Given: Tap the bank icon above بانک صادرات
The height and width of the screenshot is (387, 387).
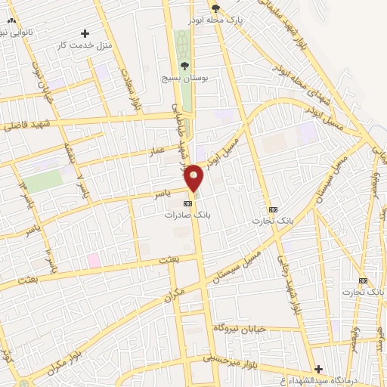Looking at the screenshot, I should [187, 203].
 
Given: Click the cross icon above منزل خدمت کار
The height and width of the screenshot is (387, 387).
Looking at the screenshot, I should [85, 34].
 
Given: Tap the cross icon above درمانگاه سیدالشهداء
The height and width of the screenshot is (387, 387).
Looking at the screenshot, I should [318, 369].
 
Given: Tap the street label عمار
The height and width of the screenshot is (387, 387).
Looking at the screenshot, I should [156, 152].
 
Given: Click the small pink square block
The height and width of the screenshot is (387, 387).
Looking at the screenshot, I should [94, 260].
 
